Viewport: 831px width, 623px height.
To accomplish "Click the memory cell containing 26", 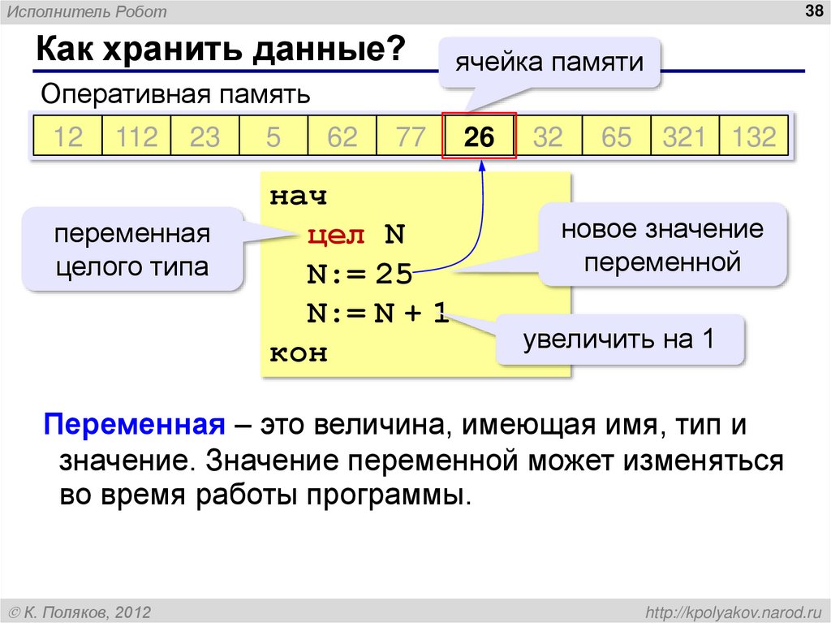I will point(479,136).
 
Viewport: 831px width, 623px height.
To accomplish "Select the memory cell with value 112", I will point(136,136).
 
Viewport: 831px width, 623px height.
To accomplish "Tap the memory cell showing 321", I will point(684,136).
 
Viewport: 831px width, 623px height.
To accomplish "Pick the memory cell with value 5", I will point(273,136).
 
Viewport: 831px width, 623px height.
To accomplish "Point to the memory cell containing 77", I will point(411,136).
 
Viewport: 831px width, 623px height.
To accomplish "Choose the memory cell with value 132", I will point(754,136).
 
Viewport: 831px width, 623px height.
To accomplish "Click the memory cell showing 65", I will point(616,136).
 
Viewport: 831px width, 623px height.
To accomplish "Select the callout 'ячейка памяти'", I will point(549,62).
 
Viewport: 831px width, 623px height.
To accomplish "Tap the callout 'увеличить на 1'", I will point(618,339).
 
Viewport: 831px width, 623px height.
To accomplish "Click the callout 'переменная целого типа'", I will point(132,250).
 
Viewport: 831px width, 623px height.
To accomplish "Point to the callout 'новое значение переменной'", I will point(662,245).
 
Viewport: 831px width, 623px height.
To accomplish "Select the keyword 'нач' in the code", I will point(298,197).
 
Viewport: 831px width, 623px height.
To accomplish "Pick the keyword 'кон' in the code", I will point(298,353).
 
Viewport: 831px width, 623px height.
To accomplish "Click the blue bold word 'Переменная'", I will point(134,425).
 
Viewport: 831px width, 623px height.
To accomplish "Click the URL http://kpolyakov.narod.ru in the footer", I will point(730,611).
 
